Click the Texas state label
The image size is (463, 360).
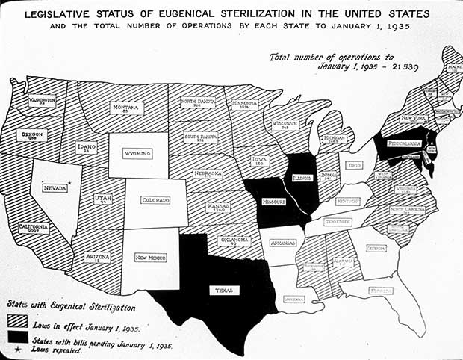224,290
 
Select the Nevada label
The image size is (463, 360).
55,188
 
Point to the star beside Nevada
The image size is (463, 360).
69,183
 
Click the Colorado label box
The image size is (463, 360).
156,200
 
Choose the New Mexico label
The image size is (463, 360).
150,258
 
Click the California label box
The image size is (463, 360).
34,228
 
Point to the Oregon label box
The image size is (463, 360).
34,136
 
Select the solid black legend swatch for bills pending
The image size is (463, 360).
18,340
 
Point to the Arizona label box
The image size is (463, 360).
98,258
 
